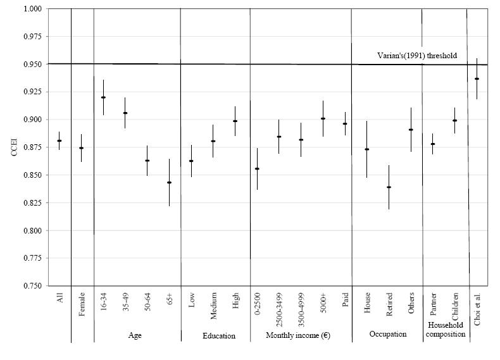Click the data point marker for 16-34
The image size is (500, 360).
click(103, 97)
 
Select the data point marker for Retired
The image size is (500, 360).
click(389, 187)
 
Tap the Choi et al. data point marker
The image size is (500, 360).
click(477, 79)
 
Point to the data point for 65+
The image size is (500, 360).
click(169, 183)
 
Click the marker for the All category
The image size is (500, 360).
click(59, 141)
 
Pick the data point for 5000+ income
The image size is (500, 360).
click(323, 119)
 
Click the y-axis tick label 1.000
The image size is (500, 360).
click(30, 9)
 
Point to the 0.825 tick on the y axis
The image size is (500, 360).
click(30, 203)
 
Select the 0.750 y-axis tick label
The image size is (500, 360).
click(30, 286)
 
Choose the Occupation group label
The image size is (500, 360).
click(387, 334)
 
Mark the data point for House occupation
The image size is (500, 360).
click(367, 149)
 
